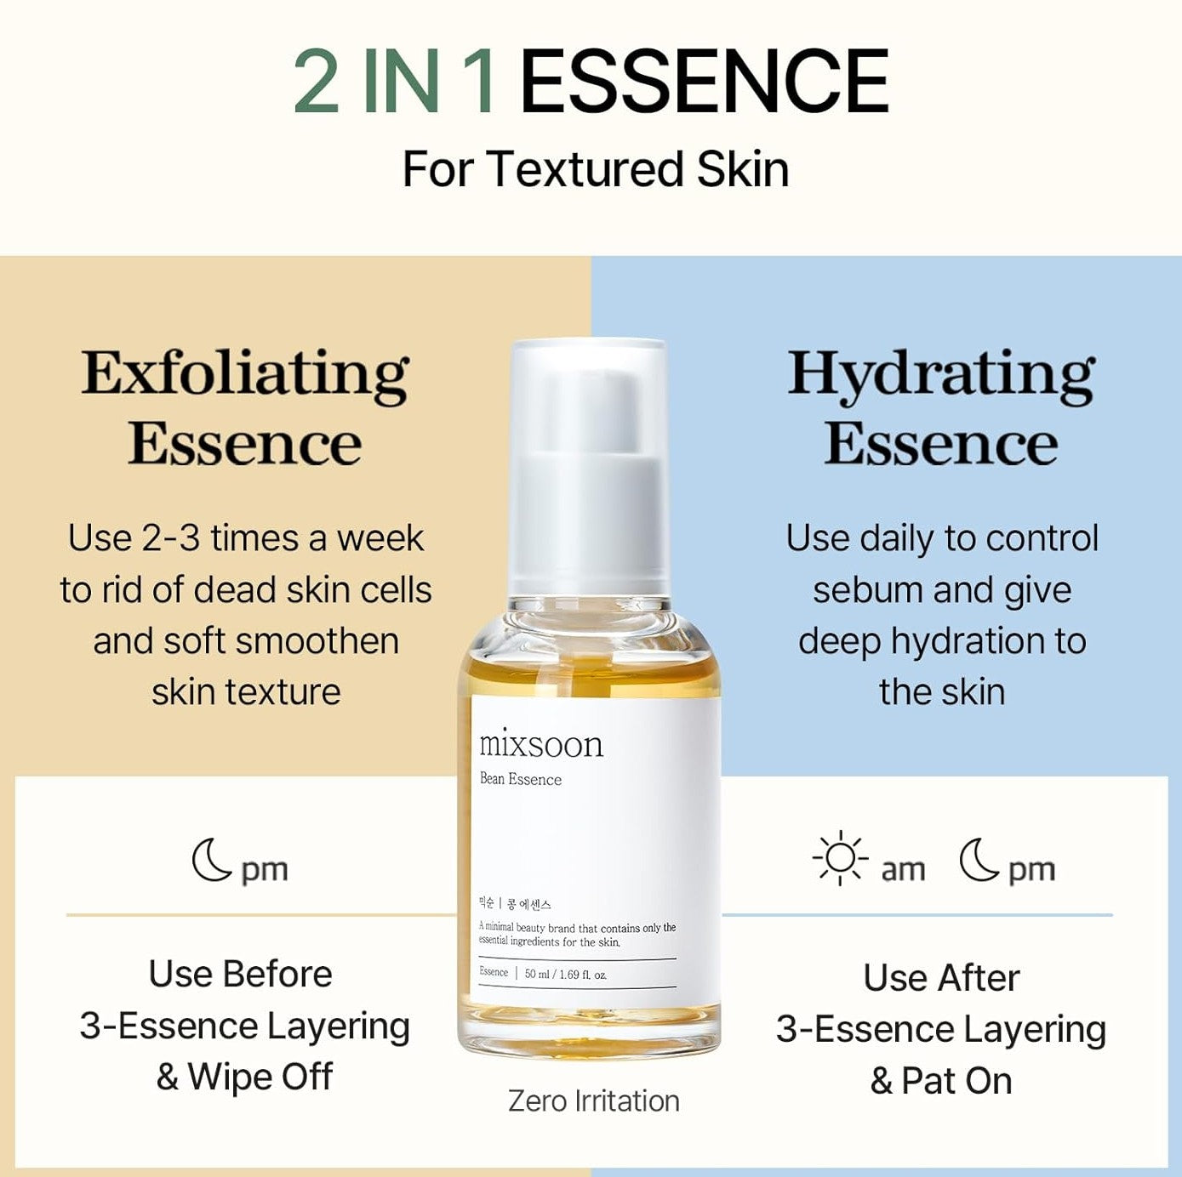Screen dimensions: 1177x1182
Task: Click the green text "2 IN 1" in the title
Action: coord(395,82)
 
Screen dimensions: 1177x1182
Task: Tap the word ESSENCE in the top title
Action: coord(704,82)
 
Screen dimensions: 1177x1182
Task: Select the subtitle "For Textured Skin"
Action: coord(595,168)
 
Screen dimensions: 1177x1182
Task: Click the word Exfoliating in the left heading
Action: coord(245,374)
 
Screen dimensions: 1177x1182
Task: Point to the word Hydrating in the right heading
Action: coord(941,374)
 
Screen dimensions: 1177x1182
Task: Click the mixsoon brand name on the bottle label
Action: coord(541,744)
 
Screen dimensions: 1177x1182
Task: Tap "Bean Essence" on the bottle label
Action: coord(521,779)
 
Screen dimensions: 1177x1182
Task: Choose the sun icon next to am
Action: coord(840,857)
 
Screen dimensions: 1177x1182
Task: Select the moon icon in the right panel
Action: coord(979,860)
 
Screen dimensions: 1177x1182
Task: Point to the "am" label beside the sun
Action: coord(903,870)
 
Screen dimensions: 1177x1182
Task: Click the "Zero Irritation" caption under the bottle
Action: coord(594,1100)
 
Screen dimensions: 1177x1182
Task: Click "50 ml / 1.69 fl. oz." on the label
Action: coord(566,974)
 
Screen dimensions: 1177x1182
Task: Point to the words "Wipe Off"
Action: coord(260,1077)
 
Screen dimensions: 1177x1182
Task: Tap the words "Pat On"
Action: coord(956,1081)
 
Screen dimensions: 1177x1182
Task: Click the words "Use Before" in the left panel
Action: coord(241,974)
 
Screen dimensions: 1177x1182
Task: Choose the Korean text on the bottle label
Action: coord(516,904)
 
